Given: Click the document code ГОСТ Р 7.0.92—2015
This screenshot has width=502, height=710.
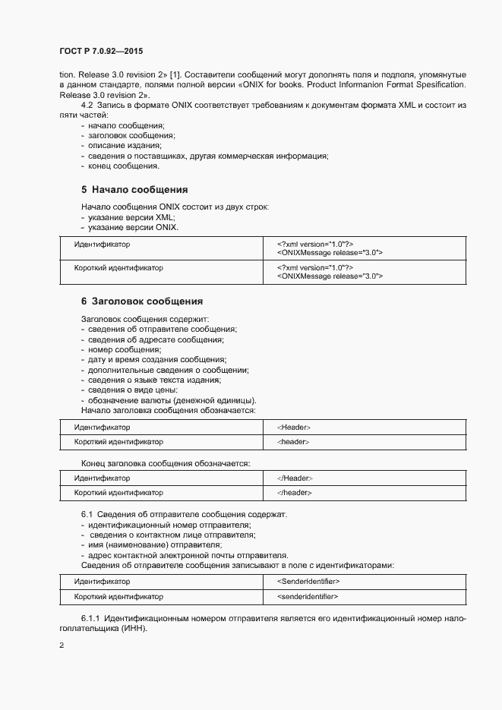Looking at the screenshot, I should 100,51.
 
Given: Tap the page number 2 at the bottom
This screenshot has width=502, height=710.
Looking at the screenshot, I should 61,645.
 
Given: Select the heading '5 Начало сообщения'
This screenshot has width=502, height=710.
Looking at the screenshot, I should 134,189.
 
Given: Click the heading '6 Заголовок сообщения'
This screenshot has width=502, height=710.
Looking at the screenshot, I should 142,301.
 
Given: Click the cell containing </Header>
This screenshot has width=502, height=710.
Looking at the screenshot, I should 295,478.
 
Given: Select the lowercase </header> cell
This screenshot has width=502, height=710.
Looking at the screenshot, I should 295,492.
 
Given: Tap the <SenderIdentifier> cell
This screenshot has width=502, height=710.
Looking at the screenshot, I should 308,582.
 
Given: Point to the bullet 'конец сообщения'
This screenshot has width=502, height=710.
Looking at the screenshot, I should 123,166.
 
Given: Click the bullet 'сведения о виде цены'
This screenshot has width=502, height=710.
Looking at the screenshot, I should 132,390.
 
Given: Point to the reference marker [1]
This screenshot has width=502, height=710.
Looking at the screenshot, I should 175,76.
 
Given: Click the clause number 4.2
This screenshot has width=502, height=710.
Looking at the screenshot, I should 87,103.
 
